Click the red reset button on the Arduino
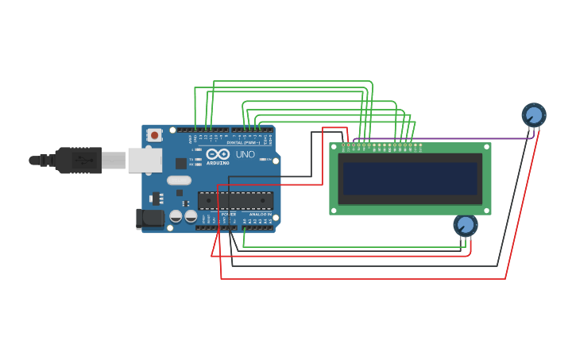(x=154, y=135)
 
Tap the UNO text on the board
(x=245, y=154)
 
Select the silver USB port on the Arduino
(x=145, y=161)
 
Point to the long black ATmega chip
(x=235, y=200)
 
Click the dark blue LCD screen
(x=410, y=179)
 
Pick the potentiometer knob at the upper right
(x=534, y=115)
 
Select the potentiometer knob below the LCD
(x=466, y=225)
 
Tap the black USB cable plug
(x=78, y=160)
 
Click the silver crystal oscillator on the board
(x=179, y=180)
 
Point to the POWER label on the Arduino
(x=228, y=215)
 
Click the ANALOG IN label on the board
(x=259, y=215)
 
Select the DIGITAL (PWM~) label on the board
(x=243, y=142)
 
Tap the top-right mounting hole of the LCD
(x=486, y=147)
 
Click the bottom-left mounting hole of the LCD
(x=334, y=210)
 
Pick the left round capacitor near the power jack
(x=176, y=215)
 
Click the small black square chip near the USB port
(x=181, y=164)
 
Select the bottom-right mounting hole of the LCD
(x=486, y=210)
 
